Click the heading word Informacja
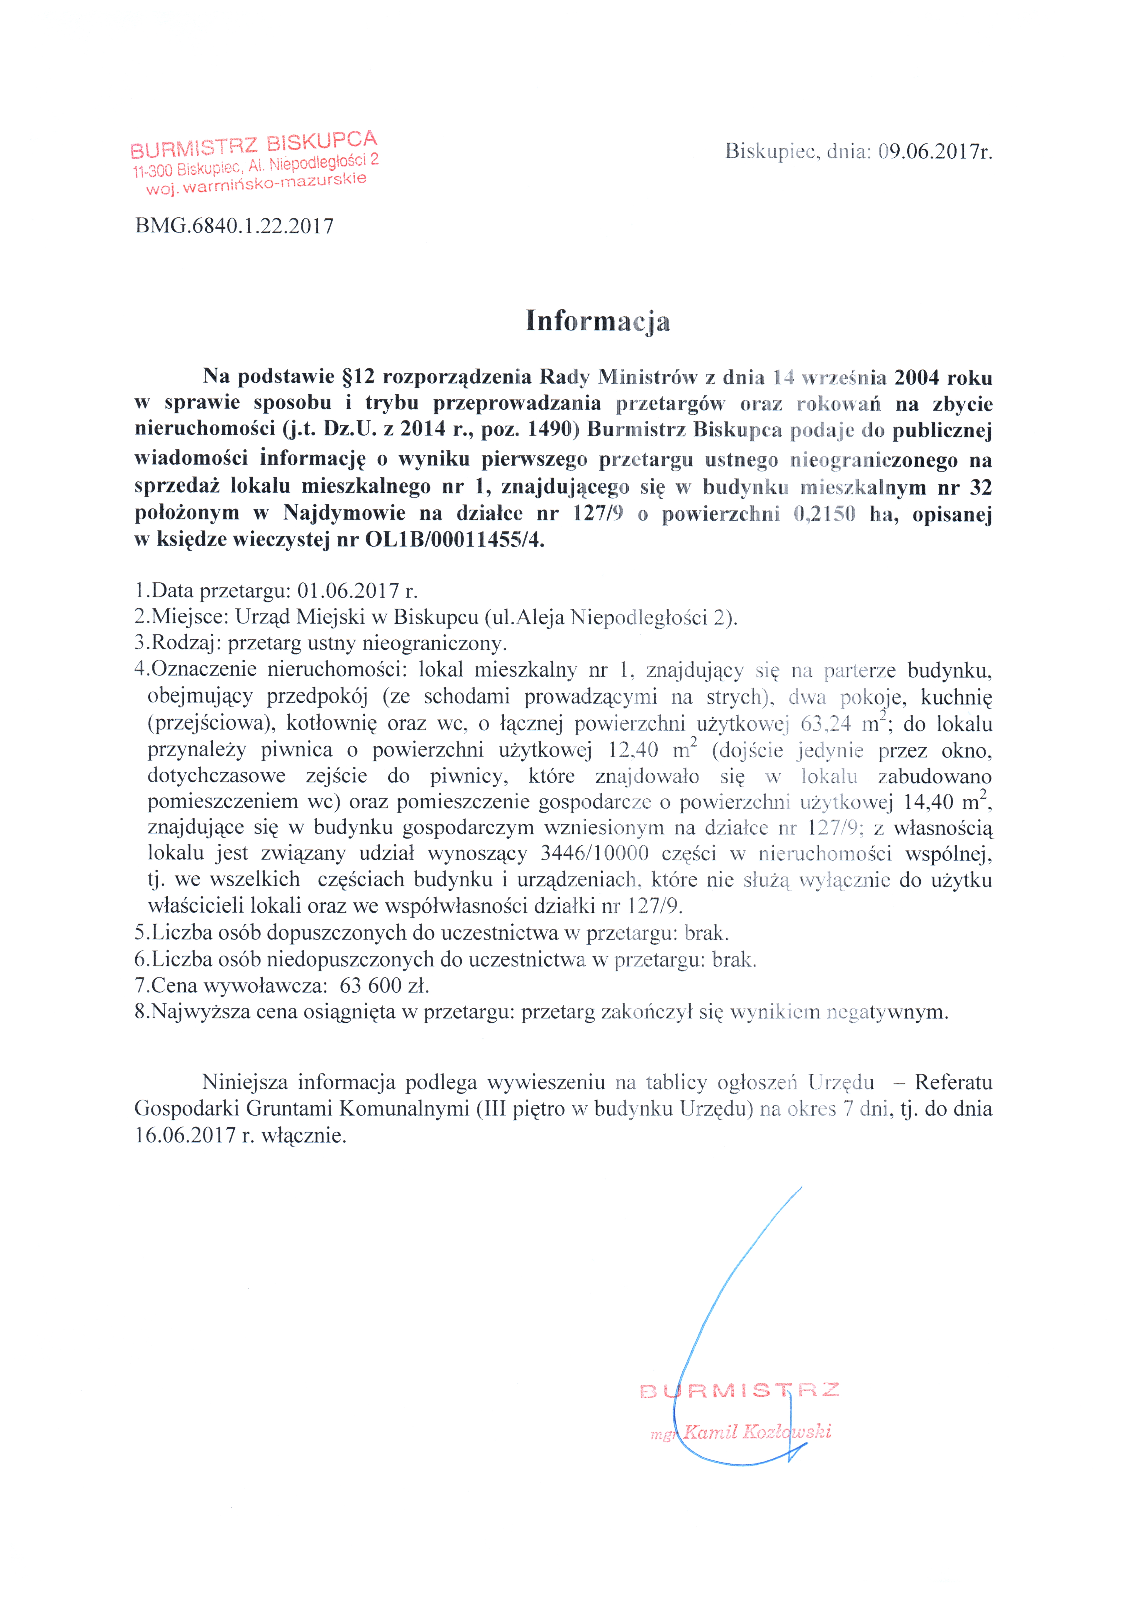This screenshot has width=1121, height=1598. (x=597, y=321)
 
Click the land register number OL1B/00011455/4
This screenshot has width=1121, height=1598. (x=454, y=539)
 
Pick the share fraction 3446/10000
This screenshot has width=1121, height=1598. (x=594, y=853)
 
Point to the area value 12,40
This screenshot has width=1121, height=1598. (x=633, y=750)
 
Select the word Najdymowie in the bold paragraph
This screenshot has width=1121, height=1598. (x=344, y=514)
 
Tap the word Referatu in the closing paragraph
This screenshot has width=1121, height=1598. (x=953, y=1082)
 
